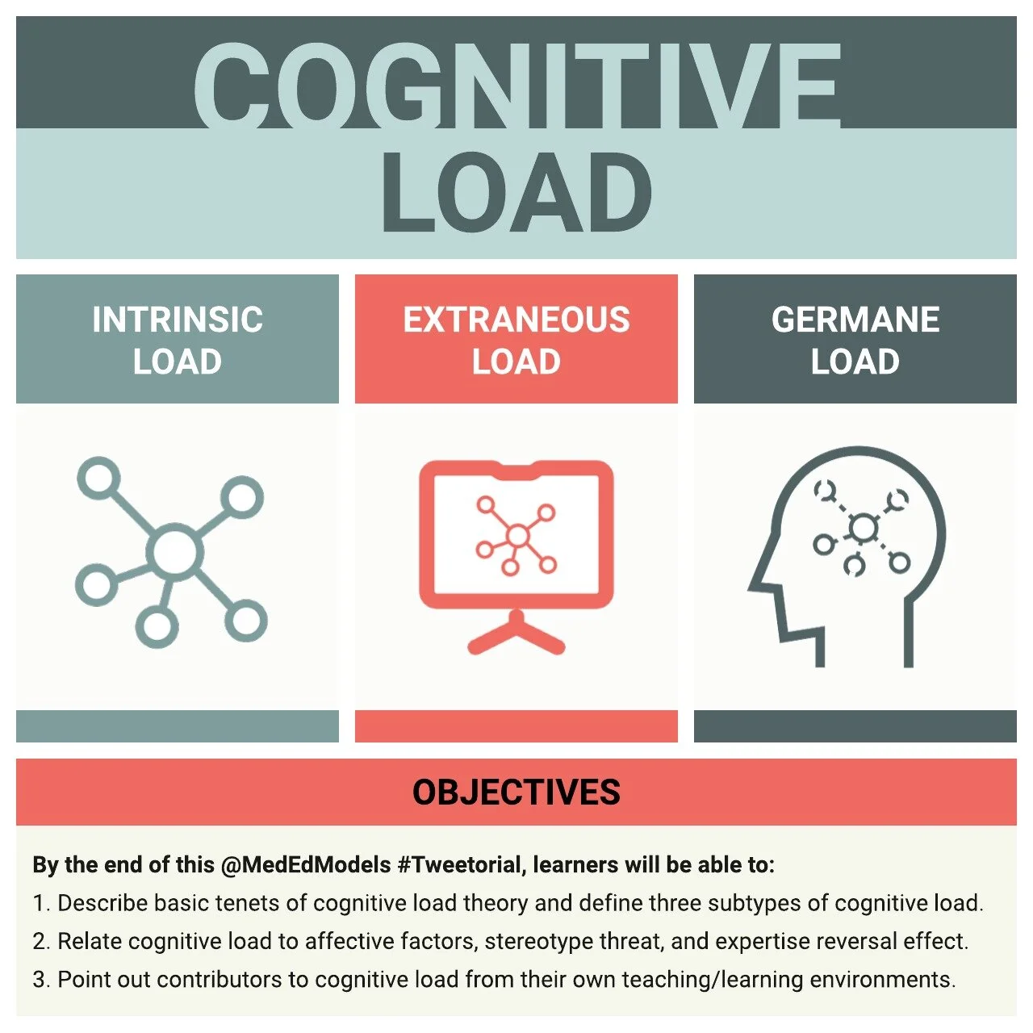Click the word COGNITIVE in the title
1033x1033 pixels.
516,85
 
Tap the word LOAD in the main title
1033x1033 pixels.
516,194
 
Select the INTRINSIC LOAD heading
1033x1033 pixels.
178,340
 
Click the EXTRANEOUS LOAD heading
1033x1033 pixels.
516,340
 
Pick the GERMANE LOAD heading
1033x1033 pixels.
855,340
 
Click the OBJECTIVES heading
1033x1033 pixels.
516,792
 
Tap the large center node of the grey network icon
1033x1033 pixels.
174,552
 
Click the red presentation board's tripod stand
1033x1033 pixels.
516,634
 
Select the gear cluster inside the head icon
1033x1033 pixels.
863,529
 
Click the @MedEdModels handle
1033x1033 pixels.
306,865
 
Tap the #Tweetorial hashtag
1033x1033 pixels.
460,865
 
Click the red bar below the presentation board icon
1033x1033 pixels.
516,726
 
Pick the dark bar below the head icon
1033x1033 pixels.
855,726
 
